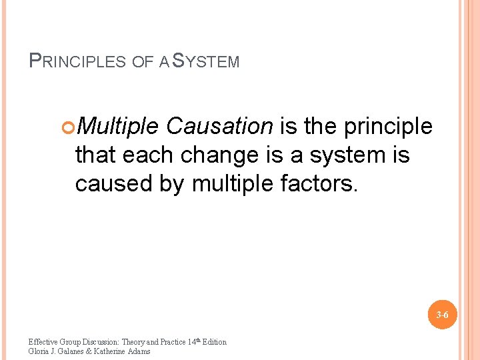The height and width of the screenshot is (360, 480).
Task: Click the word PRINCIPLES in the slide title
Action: tap(78, 62)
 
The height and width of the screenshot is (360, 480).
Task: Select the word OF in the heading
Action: tap(143, 62)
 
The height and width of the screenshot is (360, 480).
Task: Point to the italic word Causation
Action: tap(219, 125)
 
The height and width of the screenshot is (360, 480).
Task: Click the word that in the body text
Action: tap(95, 155)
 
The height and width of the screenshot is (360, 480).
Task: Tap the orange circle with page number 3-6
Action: tap(442, 315)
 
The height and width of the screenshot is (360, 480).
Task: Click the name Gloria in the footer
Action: tap(40, 351)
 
